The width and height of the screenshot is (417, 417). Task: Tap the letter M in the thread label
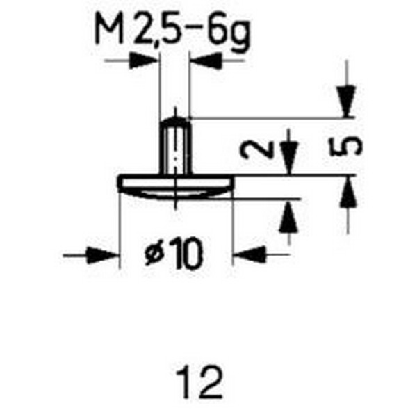(109, 29)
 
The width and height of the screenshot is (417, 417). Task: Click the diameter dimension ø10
(174, 253)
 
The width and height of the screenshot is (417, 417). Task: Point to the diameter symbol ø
(154, 255)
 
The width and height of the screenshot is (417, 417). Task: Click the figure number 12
(199, 382)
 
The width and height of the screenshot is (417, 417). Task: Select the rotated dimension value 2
(256, 149)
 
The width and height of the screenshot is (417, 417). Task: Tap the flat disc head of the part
(176, 181)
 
